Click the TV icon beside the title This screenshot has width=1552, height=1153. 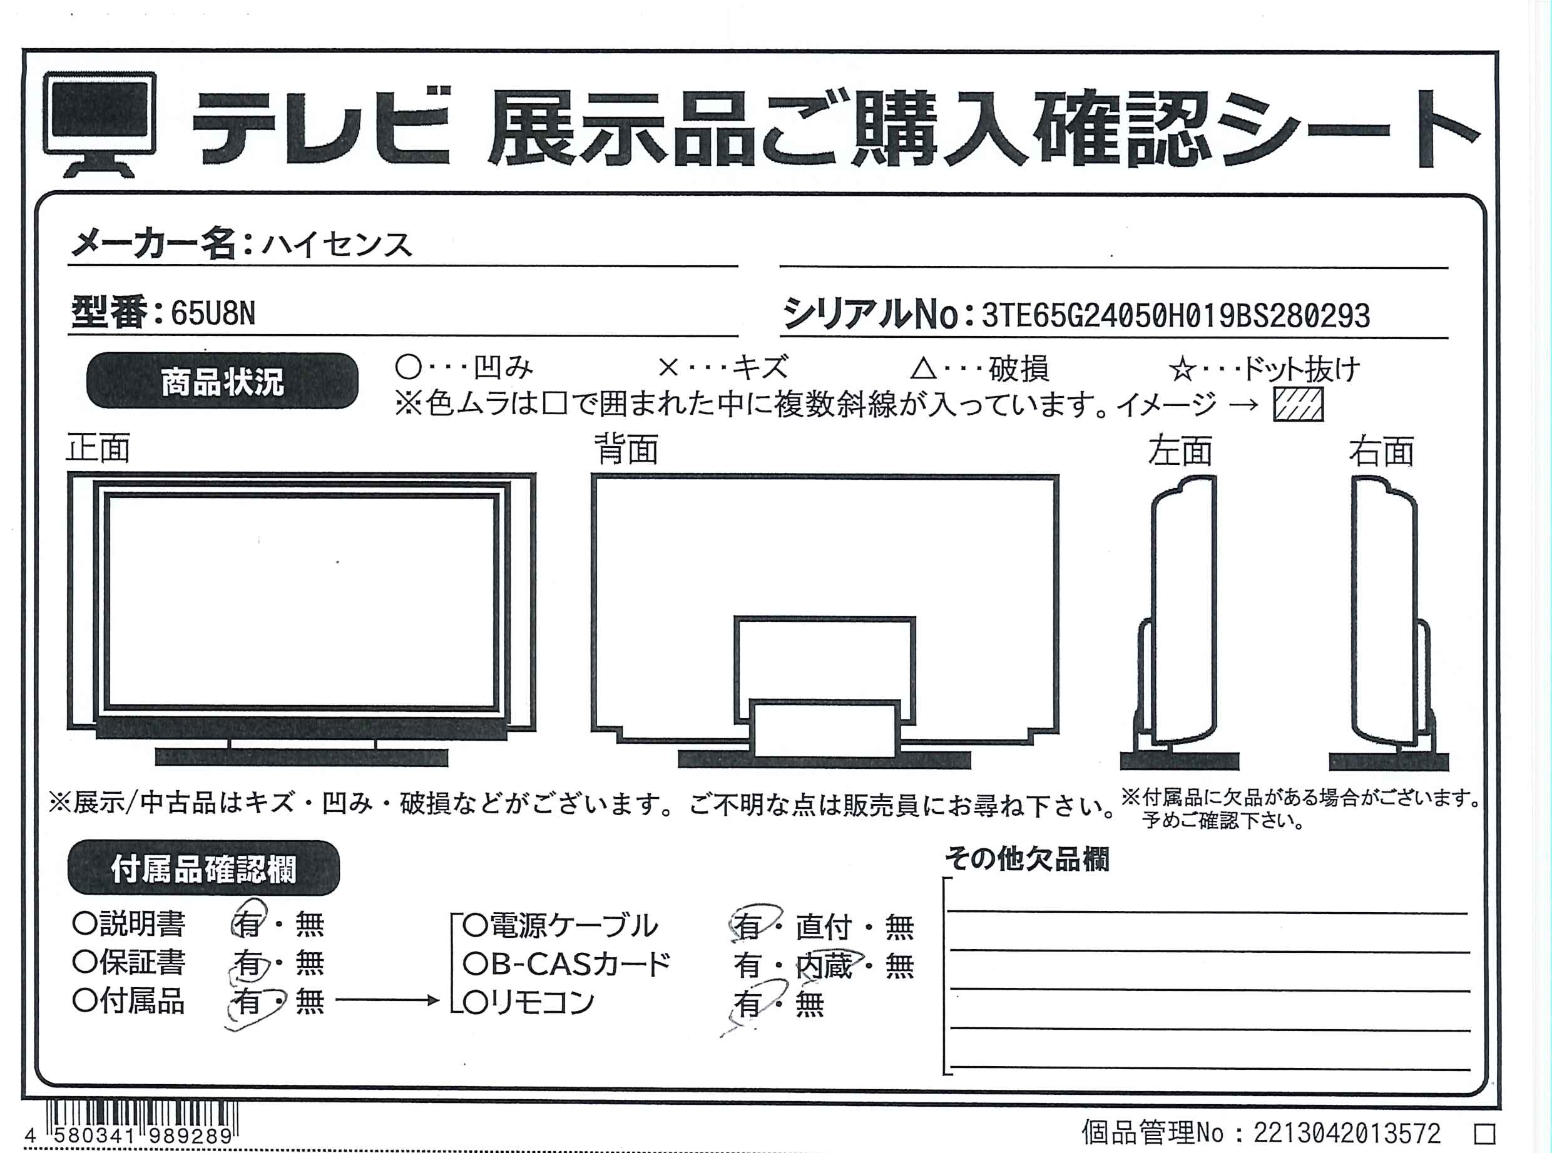pyautogui.click(x=99, y=124)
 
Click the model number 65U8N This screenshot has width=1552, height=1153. pyautogui.click(x=213, y=313)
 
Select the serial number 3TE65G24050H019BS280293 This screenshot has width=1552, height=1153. pyautogui.click(x=1176, y=316)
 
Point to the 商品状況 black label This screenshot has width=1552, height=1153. pyautogui.click(x=222, y=381)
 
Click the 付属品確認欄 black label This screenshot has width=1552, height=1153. pyautogui.click(x=203, y=868)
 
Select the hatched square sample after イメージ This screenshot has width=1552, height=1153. pyautogui.click(x=1298, y=404)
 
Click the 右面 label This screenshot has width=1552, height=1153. pyautogui.click(x=1382, y=451)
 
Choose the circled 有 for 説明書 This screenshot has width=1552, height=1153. pyautogui.click(x=248, y=923)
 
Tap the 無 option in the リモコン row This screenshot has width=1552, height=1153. pyautogui.click(x=810, y=1003)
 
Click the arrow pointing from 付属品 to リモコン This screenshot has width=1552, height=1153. pyautogui.click(x=387, y=1000)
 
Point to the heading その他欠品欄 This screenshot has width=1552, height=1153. pyautogui.click(x=1027, y=859)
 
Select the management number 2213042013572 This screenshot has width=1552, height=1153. pyautogui.click(x=1347, y=1133)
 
